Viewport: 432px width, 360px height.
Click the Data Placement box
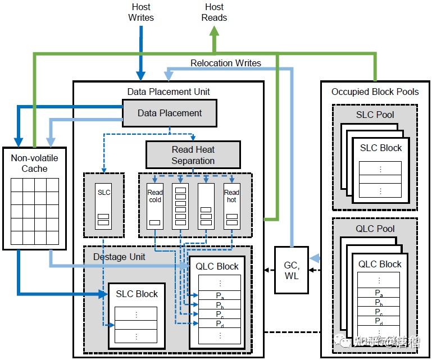(170, 113)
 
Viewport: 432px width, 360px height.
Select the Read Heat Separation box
(193, 155)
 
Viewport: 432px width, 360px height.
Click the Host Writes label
(141, 12)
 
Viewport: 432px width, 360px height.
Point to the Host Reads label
(214, 12)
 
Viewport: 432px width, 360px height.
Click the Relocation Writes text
(226, 63)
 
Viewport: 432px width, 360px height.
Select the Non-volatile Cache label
(34, 163)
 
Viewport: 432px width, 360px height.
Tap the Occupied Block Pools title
(375, 92)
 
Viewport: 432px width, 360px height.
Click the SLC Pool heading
(375, 115)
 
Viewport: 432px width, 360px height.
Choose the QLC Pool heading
(375, 229)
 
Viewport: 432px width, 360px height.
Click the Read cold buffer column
(155, 206)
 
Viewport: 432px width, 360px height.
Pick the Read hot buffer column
(231, 206)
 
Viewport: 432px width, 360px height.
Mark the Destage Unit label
(119, 257)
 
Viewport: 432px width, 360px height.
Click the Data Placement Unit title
(169, 92)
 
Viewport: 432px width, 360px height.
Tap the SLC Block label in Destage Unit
(137, 294)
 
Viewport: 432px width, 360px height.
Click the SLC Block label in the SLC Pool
(380, 148)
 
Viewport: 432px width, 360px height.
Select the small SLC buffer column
(103, 206)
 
